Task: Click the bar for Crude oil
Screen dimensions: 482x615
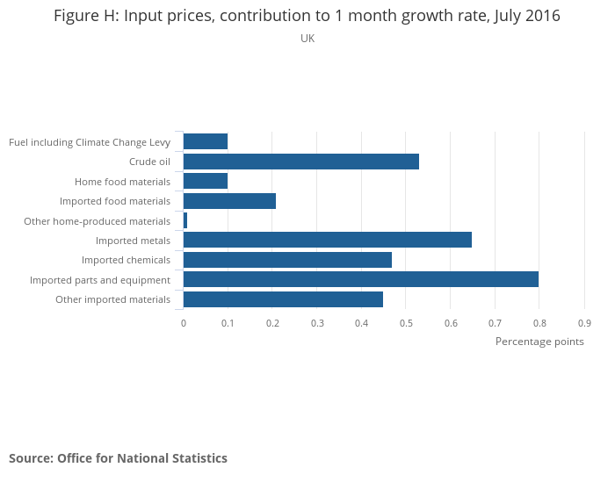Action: [300, 162]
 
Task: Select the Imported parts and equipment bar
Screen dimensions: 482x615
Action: [360, 279]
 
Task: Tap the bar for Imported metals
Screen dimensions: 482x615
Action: [327, 240]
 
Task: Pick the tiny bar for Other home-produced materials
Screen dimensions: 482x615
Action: [185, 220]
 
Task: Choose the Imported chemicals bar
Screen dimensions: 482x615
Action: [287, 260]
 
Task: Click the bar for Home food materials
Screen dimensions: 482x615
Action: [206, 181]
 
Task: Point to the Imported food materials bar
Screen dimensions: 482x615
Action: [229, 201]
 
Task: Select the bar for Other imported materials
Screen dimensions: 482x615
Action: [283, 299]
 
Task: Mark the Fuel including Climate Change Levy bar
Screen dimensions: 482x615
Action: [206, 141]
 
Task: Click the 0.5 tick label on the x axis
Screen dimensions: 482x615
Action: [406, 323]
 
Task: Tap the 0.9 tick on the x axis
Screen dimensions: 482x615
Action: [584, 323]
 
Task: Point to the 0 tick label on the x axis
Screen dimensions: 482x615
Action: [184, 323]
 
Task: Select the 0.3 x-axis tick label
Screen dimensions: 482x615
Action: [317, 323]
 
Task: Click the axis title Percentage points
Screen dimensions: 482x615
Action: [539, 342]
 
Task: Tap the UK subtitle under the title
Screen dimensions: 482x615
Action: [307, 39]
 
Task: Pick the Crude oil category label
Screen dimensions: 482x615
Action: [149, 162]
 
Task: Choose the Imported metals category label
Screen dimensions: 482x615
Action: [133, 241]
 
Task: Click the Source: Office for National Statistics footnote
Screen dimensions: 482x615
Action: [118, 458]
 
